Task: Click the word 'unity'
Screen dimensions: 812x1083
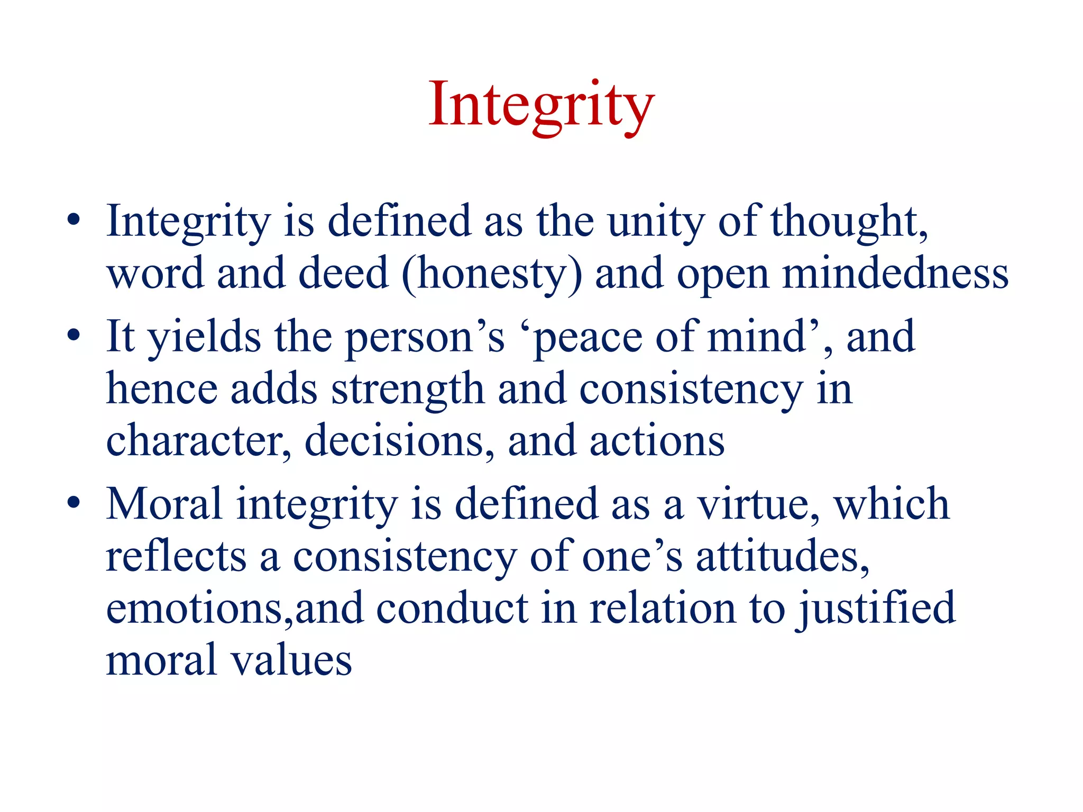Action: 656,222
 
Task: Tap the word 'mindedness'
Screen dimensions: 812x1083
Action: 895,274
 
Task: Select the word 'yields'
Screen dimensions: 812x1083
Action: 204,337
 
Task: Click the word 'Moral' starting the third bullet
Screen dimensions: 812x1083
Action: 164,504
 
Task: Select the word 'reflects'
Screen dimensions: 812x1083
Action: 176,556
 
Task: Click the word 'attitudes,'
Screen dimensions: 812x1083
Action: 783,556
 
